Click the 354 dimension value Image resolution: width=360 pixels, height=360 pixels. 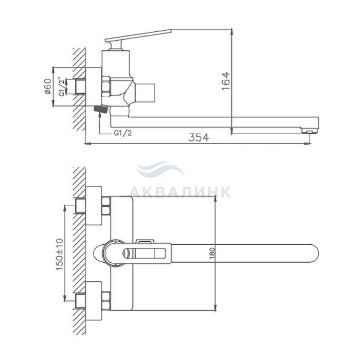pos(199,137)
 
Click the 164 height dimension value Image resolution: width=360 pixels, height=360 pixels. pos(226,81)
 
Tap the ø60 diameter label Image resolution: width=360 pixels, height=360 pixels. pos(48,86)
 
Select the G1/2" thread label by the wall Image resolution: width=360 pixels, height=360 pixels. pos(61,86)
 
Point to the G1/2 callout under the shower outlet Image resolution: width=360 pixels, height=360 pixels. pos(123,133)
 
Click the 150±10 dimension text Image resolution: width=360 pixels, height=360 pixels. pos(60,254)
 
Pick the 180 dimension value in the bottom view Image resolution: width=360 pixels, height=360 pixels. pos(212,253)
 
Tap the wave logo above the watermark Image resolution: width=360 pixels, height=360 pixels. pos(160,169)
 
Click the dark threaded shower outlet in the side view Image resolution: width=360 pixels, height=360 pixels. pos(101,109)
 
